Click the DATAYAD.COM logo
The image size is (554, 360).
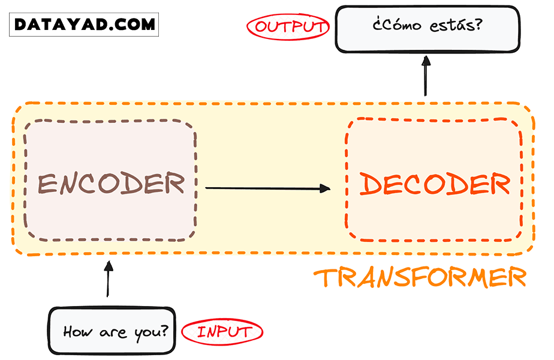click(85, 25)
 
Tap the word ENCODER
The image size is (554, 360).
click(112, 184)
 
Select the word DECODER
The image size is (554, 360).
click(435, 184)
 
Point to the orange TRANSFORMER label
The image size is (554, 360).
click(420, 277)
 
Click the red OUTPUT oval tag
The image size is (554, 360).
click(288, 27)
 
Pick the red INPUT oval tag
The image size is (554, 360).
click(222, 331)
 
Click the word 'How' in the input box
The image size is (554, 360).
click(76, 331)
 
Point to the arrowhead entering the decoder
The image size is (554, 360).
click(325, 188)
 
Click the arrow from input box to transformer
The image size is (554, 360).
click(108, 279)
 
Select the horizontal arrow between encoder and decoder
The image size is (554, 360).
click(267, 188)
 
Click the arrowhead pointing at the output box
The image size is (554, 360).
click(426, 61)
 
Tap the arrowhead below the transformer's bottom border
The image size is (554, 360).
click(108, 266)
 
